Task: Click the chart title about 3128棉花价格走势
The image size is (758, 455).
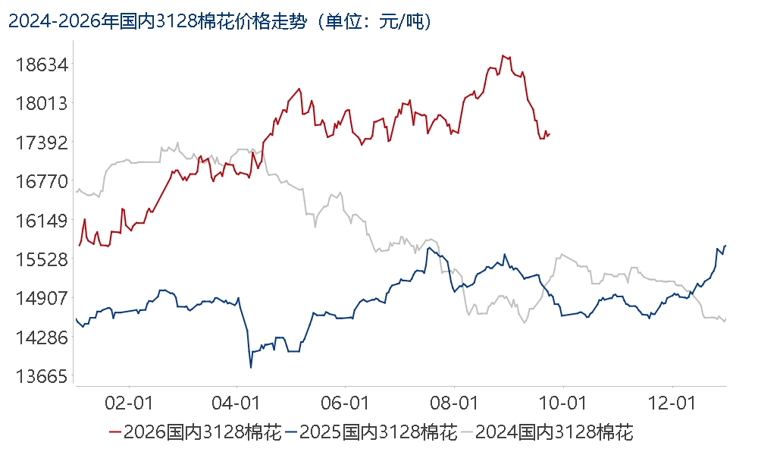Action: pos(220,22)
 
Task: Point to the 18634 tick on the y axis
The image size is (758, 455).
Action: pos(42,64)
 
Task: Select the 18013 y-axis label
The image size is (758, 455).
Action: pos(42,103)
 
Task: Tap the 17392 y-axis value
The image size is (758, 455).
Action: pos(42,143)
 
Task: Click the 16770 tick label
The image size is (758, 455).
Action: pos(42,182)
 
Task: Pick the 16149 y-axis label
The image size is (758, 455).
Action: pos(42,221)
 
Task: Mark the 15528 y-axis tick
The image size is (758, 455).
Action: pos(42,259)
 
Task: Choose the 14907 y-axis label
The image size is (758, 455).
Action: pos(42,298)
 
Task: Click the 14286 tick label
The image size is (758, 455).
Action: pos(42,337)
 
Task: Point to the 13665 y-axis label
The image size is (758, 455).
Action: pos(42,376)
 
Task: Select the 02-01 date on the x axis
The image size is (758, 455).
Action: pos(129,403)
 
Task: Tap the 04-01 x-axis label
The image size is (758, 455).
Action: pos(236,403)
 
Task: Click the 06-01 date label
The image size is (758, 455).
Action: pos(345,403)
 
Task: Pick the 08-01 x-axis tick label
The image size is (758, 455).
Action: pos(454,403)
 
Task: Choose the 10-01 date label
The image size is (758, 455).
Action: pos(562,403)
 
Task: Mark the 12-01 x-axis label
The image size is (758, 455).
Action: pos(672,403)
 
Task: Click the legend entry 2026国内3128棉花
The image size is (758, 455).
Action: pos(196,431)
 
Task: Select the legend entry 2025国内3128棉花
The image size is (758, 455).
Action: pos(371,431)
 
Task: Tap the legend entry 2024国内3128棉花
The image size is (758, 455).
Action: pos(547,431)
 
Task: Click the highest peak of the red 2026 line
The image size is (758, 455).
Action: pos(503,55)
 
